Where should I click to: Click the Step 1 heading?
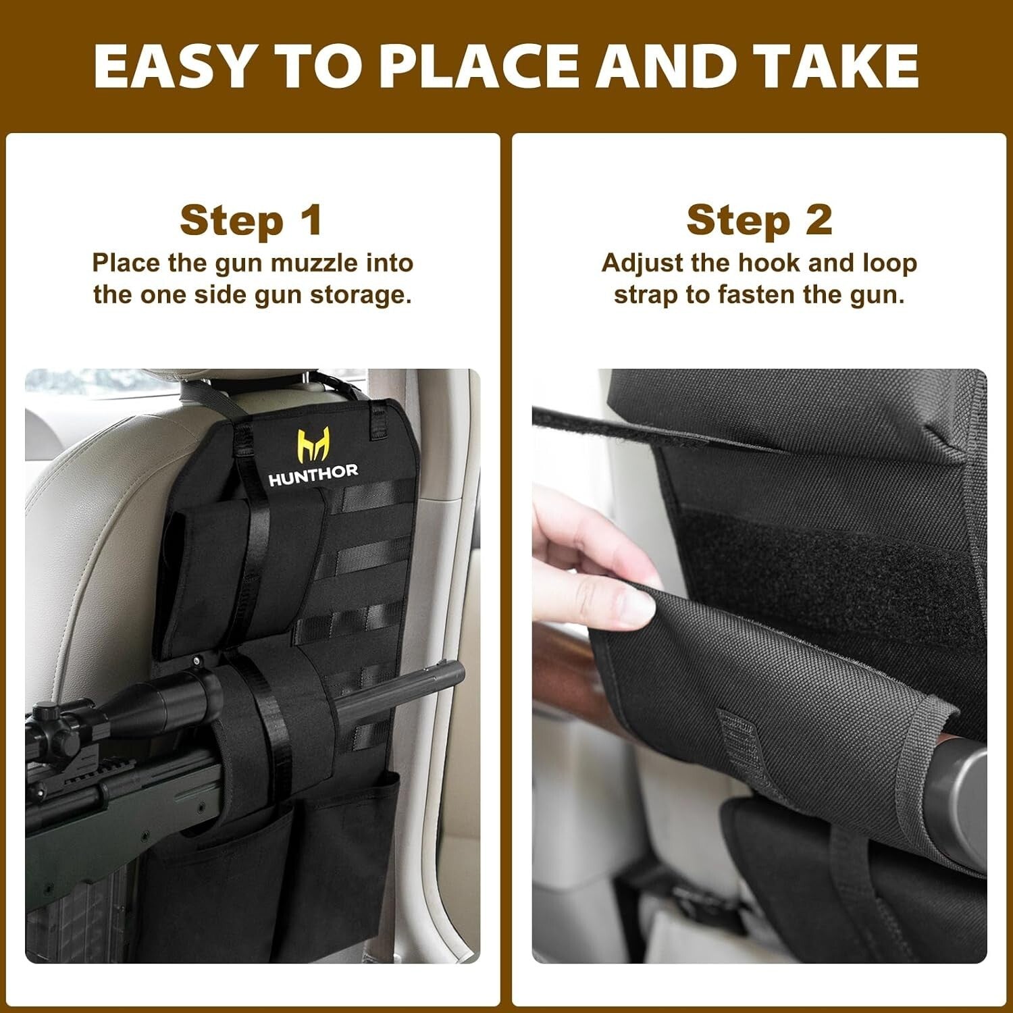251,221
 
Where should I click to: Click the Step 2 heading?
759,221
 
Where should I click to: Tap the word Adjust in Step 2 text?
642,263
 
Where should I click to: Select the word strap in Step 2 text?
645,296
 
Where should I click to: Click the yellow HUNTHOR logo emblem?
313,445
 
